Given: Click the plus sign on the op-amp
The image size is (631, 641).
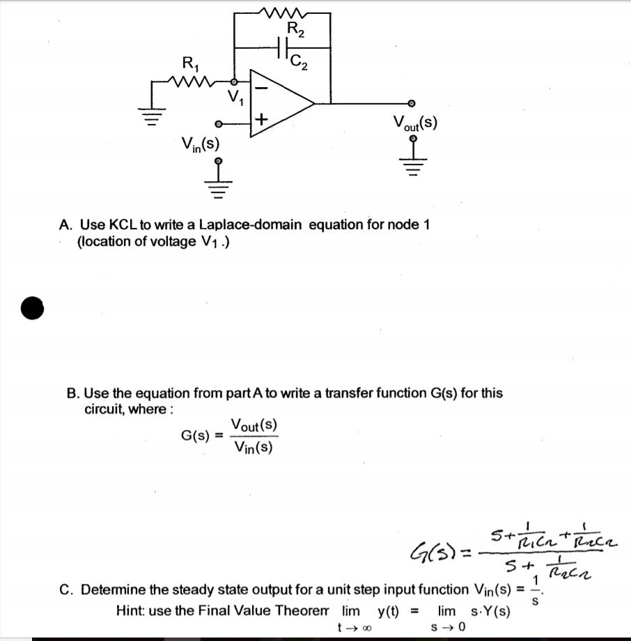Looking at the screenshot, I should pos(260,120).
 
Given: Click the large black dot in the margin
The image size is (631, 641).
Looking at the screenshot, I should pos(32,307).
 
